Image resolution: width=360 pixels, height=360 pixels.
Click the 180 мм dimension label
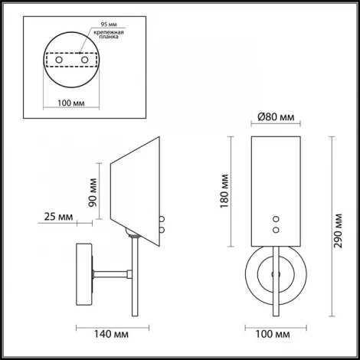[224, 191]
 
